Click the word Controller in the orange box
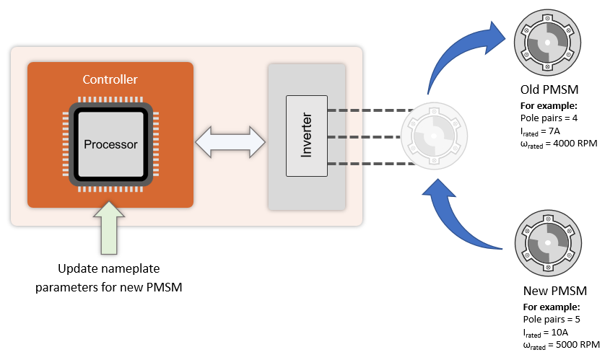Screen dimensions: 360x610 coord(110,79)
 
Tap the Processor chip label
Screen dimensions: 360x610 coord(110,144)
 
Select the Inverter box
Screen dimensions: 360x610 coord(306,136)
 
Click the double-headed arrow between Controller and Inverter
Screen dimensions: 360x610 coord(230,141)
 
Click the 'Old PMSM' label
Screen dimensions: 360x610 coord(550,91)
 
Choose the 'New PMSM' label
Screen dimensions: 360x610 coord(554,291)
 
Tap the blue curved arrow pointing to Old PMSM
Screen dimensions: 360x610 coord(463,54)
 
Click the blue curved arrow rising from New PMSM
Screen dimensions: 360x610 coord(462,216)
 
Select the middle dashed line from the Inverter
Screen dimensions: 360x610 coord(365,136)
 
